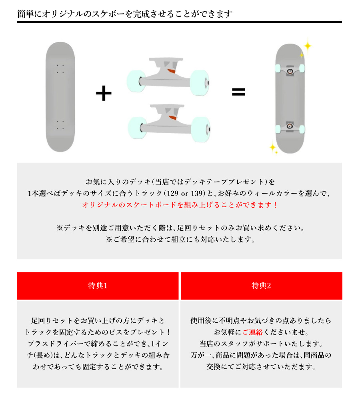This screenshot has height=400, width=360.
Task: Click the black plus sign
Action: pos(104,94)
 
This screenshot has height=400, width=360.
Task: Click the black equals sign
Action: pos(238,92)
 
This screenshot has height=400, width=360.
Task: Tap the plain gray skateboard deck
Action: pos(60,97)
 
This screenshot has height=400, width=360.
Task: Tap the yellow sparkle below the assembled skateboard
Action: pos(273,148)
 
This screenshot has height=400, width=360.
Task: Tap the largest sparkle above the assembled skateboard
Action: pos(307,46)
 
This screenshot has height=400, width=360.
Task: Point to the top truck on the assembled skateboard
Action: pos(290,70)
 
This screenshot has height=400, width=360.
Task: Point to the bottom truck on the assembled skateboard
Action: pos(290,127)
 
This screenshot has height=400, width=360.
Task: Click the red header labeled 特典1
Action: pos(98,286)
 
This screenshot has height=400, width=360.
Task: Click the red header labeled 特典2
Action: pos(261,286)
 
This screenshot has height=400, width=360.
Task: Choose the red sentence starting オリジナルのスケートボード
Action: pos(180,205)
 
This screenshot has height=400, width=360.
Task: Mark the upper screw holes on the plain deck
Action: pos(60,69)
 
